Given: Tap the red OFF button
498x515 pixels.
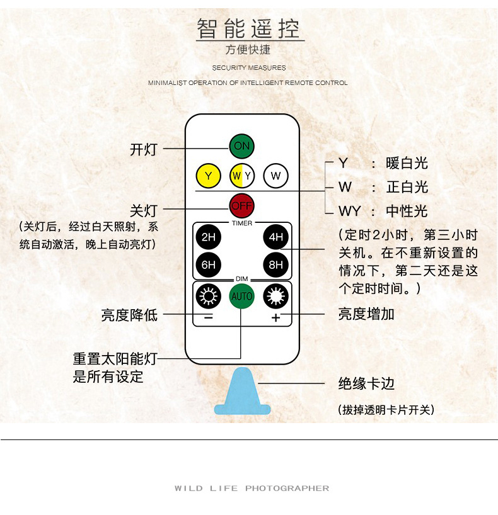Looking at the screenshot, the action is tap(241, 205).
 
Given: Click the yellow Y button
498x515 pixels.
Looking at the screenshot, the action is tap(208, 176).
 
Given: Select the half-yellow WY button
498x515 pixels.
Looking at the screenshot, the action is tap(241, 176).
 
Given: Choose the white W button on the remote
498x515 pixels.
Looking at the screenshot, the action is tap(275, 176).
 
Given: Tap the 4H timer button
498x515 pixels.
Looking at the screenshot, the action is tap(275, 237).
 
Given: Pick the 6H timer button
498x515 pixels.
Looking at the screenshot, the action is tap(208, 265).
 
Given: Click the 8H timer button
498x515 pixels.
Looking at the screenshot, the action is tap(275, 265).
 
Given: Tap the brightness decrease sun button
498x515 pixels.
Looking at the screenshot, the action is tap(208, 295).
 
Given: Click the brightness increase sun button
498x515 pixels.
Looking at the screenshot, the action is tap(275, 295).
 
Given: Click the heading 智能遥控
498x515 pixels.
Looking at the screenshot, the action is tap(249, 29).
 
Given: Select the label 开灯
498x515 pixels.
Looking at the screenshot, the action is tap(143, 149).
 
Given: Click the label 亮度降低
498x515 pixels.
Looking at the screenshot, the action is tap(129, 314).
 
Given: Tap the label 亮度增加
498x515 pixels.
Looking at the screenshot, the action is tap(366, 314).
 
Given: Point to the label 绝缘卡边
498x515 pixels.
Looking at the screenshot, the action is tap(366, 383).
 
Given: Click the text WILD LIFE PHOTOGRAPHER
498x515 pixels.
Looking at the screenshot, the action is tap(252, 489).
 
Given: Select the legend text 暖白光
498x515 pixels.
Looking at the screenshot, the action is tap(407, 164).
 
